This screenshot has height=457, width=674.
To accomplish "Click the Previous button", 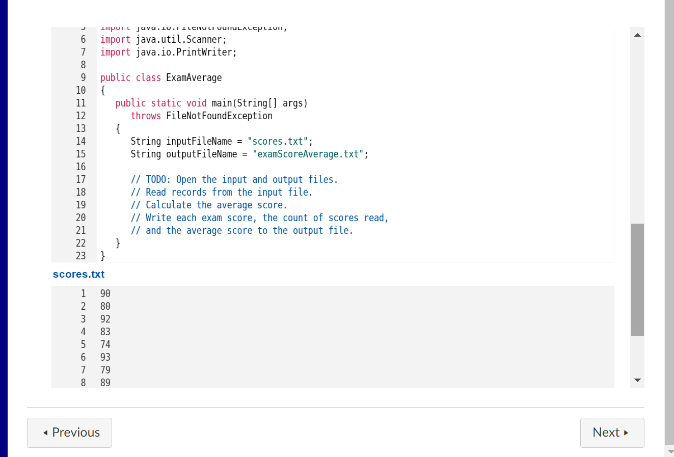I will [69, 433].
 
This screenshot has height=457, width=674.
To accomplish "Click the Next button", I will [612, 433].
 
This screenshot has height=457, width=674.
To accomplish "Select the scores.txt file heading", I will [78, 274].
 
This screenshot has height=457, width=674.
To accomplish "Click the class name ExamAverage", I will [194, 77].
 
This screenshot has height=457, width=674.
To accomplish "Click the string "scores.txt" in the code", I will [278, 141].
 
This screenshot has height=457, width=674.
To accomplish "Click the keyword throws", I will [146, 116].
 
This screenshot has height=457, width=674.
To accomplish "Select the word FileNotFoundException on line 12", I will [219, 116].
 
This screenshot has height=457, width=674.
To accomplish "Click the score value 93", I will [105, 357].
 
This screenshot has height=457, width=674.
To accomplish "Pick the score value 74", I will [105, 344].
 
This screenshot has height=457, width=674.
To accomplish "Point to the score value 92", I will [105, 319].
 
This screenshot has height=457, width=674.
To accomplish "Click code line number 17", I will [80, 179].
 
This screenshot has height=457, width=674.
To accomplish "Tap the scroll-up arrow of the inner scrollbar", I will [637, 35].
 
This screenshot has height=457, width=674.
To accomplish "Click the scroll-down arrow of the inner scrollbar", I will [637, 381].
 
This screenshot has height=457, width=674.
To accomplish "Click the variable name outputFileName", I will [201, 154].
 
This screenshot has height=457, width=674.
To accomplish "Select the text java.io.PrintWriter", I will [183, 52].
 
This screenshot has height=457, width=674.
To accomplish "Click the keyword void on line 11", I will [196, 103].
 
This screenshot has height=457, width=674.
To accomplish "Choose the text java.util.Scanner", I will [179, 39].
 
